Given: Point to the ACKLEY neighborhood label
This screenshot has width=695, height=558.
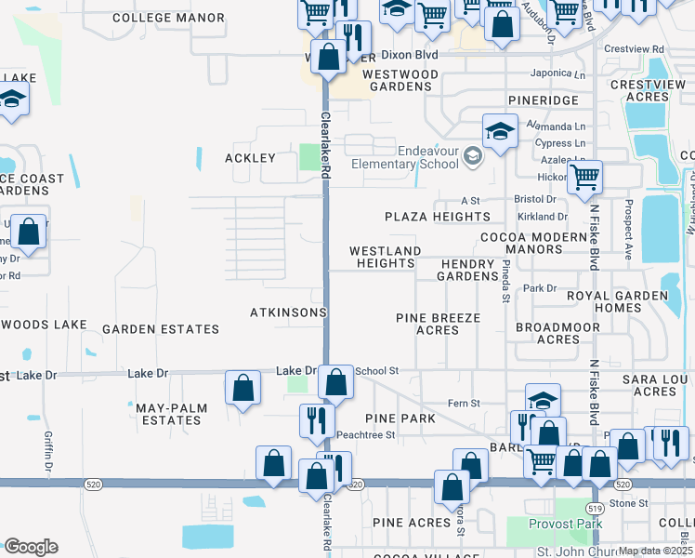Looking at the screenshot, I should pos(251,158).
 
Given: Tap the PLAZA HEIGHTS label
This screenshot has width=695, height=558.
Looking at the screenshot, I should pos(438,217).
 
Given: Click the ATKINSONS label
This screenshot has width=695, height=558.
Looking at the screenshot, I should pos(288,312).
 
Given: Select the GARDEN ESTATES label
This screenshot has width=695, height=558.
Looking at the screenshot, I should pos(161,329).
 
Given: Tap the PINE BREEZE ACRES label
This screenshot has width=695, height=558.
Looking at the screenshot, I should pos(438,324).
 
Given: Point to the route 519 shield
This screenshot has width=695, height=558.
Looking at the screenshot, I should pos(596,508).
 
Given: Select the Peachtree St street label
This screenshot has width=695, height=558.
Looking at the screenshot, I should pos(365,435).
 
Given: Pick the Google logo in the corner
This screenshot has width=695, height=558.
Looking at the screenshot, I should pos(31,547).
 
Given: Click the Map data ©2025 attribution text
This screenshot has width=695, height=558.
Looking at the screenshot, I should pos(655,551).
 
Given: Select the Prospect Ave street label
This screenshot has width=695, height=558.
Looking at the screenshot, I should pos(629,229).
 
